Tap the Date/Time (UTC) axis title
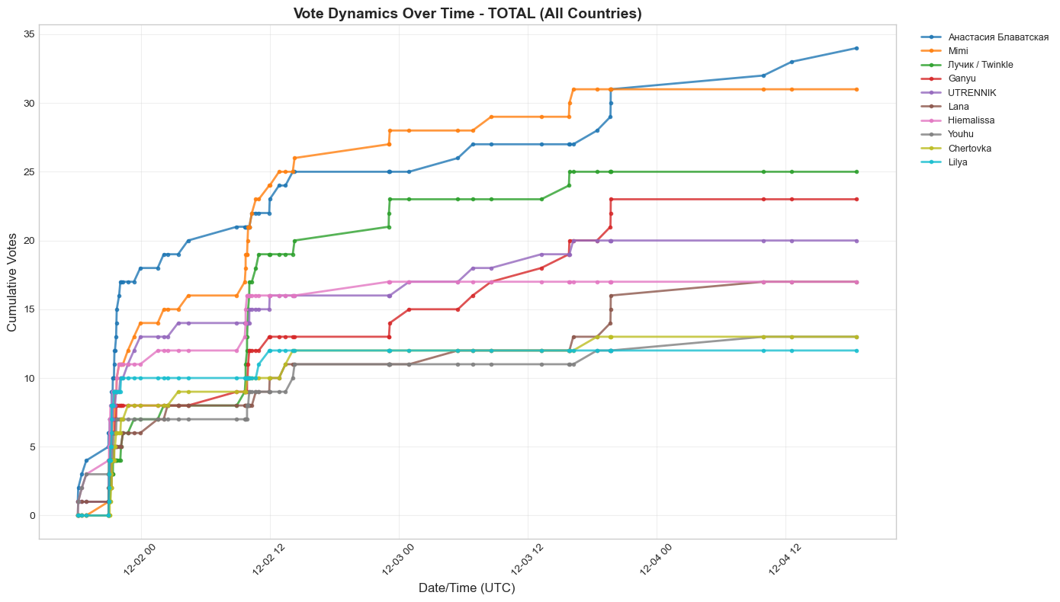pos(467,588)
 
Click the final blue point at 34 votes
pos(856,48)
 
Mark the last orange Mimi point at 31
pos(856,89)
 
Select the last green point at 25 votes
pos(856,171)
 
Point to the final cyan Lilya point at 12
pos(856,351)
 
